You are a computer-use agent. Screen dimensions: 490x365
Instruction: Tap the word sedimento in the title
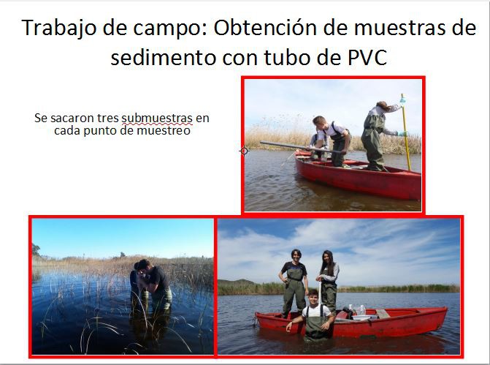(164, 57)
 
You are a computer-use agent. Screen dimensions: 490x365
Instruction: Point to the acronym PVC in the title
(367, 57)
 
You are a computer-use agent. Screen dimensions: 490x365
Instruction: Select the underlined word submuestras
(157, 118)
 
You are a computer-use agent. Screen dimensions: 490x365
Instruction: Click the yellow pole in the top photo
(406, 132)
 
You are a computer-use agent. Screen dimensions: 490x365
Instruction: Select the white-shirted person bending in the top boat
(332, 140)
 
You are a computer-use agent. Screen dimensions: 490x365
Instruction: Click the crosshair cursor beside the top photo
(245, 151)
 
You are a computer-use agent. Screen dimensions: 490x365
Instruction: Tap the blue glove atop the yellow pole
(403, 100)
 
